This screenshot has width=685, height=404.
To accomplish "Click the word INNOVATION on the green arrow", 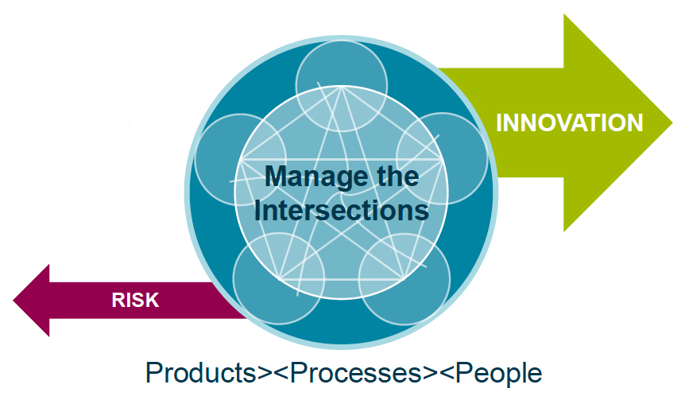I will (569, 123).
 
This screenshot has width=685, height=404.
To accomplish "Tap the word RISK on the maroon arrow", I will (135, 300).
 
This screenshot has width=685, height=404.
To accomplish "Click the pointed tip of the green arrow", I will (671, 124).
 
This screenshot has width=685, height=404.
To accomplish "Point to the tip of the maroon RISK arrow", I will (15, 300).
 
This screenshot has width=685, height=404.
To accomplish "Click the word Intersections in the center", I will (342, 211).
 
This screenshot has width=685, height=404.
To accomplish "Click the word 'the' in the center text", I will (396, 176).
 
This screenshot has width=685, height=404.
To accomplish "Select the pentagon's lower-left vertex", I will (281, 278).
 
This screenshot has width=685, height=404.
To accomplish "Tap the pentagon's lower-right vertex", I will (403, 278).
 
